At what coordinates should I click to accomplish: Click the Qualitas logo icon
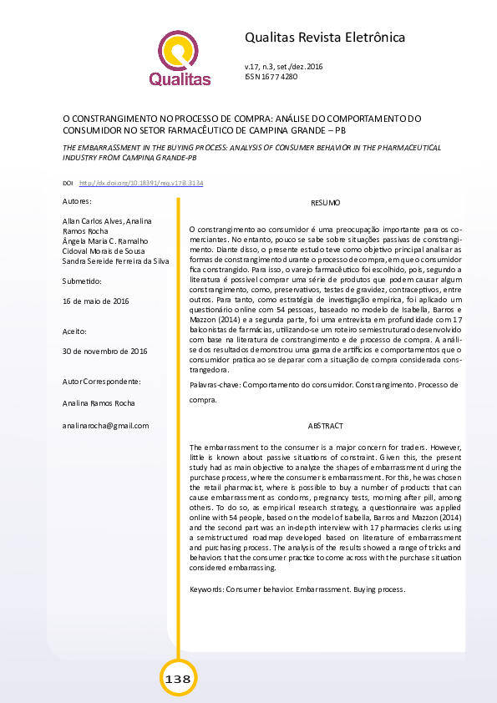(x=179, y=51)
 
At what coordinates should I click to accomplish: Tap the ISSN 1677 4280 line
(x=271, y=76)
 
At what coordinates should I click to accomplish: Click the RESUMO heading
(x=325, y=204)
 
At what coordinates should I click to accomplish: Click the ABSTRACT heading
(x=325, y=426)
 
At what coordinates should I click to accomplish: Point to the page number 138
(x=178, y=679)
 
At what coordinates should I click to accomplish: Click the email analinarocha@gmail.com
(x=106, y=426)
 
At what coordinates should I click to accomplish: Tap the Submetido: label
(x=82, y=281)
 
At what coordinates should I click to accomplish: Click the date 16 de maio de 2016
(x=96, y=301)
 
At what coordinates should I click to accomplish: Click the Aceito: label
(x=75, y=331)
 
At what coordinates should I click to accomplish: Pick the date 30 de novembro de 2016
(x=104, y=351)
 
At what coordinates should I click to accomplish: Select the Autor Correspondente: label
(x=102, y=382)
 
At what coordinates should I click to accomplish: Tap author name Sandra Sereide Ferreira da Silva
(x=116, y=261)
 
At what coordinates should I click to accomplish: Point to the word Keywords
(x=206, y=589)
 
